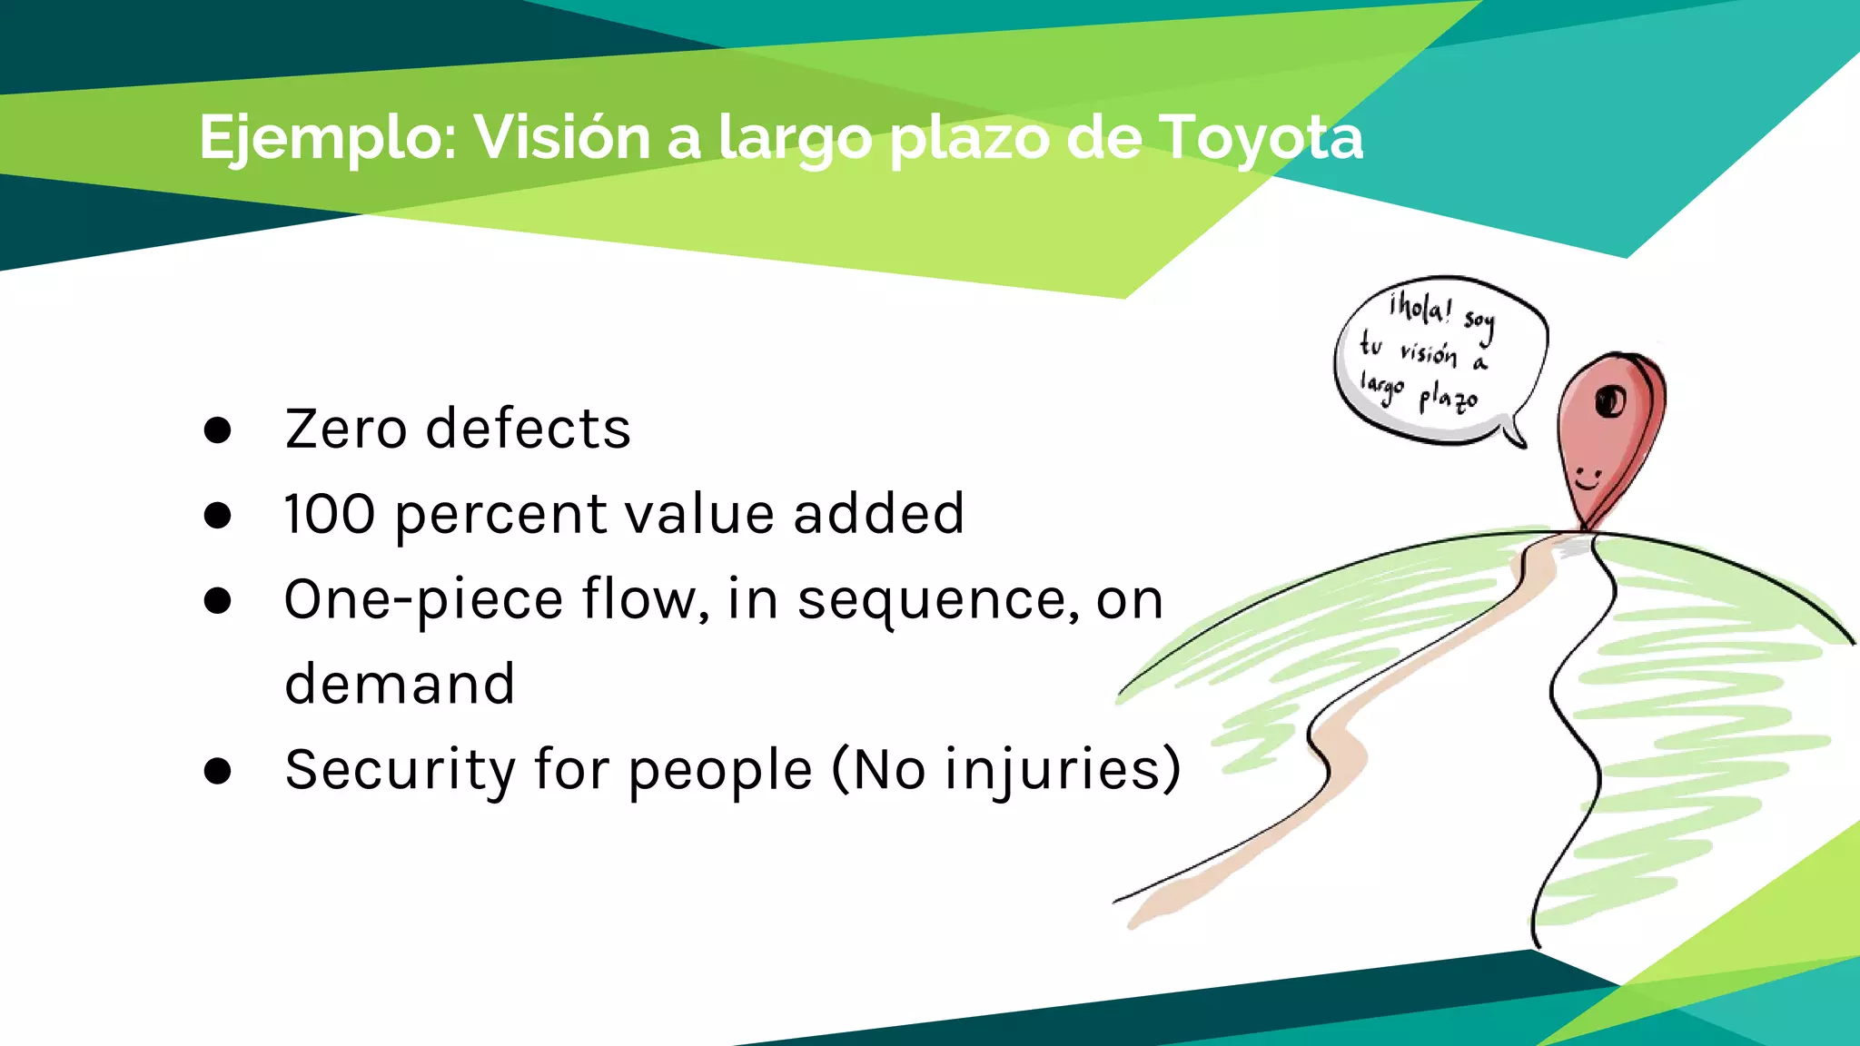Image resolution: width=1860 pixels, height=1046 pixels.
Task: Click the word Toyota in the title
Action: [1261, 138]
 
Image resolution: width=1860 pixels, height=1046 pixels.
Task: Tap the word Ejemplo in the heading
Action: [327, 138]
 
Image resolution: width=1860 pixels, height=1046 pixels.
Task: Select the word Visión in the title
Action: [562, 138]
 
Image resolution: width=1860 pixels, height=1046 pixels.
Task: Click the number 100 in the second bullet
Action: [329, 514]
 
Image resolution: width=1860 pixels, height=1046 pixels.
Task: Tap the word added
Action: [878, 514]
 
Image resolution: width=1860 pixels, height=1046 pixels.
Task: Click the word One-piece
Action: [423, 600]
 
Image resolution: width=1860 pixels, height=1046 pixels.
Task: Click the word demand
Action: [400, 684]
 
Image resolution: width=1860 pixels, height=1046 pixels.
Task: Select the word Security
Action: [401, 771]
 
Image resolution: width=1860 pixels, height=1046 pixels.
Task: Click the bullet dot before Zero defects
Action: [218, 430]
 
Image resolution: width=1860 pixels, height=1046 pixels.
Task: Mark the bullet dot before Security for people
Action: [218, 771]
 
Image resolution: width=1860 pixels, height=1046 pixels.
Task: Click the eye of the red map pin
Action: [1610, 400]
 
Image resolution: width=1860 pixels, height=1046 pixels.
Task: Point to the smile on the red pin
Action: [1587, 479]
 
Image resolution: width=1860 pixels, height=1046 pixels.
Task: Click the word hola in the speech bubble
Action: [1420, 308]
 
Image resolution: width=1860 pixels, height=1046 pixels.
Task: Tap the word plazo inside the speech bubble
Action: [1449, 398]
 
